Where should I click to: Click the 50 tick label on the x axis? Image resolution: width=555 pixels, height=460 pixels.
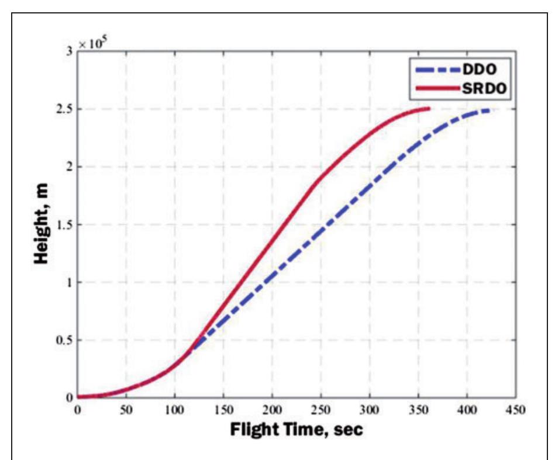coord(126,410)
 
